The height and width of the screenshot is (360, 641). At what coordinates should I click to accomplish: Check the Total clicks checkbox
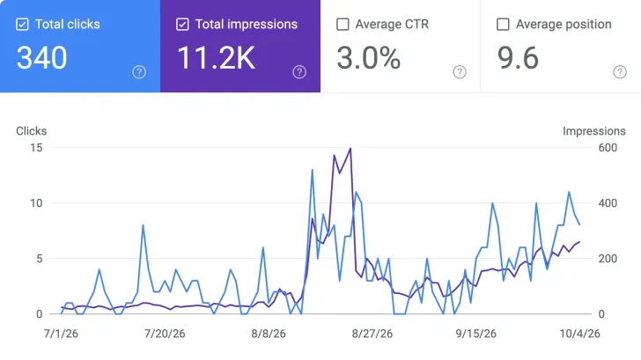pyautogui.click(x=22, y=25)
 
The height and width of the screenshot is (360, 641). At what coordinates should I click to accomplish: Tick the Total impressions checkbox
pyautogui.click(x=182, y=25)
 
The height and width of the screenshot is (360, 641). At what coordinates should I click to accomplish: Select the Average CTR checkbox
pyautogui.click(x=343, y=25)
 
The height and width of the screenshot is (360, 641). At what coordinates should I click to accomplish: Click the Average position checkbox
pyautogui.click(x=503, y=25)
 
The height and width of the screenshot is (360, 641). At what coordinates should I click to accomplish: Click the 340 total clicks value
pyautogui.click(x=41, y=57)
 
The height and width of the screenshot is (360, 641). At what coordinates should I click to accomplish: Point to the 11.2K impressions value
pyautogui.click(x=217, y=57)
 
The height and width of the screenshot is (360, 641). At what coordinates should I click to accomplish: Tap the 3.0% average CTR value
pyautogui.click(x=369, y=57)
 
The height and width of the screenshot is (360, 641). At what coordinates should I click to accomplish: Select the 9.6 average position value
pyautogui.click(x=518, y=57)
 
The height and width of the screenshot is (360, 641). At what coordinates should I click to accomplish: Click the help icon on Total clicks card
pyautogui.click(x=139, y=72)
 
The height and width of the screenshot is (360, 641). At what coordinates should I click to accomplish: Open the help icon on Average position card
pyautogui.click(x=620, y=72)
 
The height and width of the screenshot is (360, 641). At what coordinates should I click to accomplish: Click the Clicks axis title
pyautogui.click(x=32, y=131)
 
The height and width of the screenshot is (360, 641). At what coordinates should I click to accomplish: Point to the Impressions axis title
pyautogui.click(x=594, y=131)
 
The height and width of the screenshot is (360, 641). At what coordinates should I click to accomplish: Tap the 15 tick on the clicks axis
pyautogui.click(x=36, y=148)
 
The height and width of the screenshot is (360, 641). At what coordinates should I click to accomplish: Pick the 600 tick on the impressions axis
pyautogui.click(x=608, y=148)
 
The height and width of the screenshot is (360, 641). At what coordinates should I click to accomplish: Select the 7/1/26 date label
pyautogui.click(x=61, y=334)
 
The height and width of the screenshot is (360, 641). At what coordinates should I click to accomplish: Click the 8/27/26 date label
pyautogui.click(x=372, y=334)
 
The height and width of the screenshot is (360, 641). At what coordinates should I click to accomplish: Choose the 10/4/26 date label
pyautogui.click(x=579, y=334)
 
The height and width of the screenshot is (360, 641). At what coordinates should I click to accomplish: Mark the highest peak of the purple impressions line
pyautogui.click(x=350, y=149)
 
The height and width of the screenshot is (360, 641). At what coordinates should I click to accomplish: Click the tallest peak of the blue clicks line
pyautogui.click(x=313, y=170)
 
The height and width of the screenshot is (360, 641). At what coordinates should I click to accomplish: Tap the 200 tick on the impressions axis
pyautogui.click(x=608, y=259)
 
